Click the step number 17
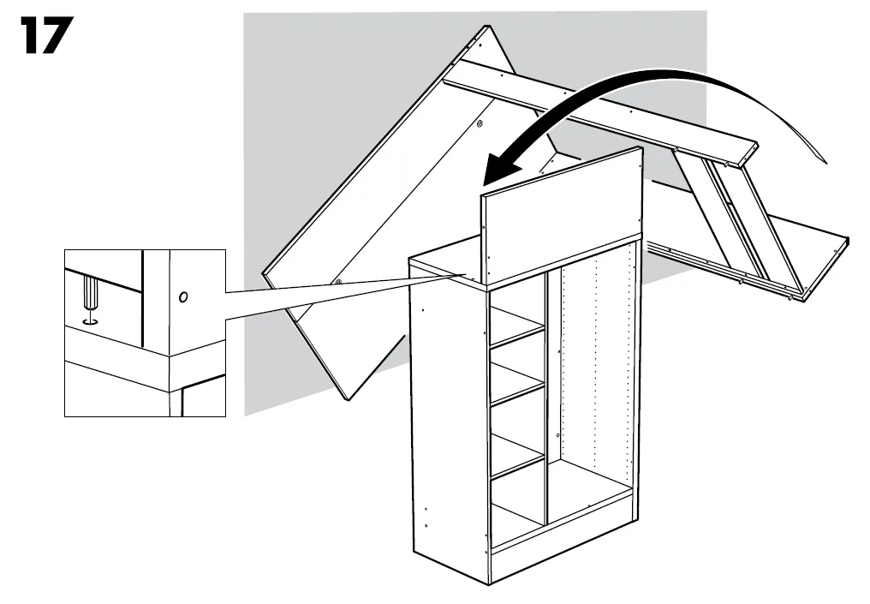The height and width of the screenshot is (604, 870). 46,35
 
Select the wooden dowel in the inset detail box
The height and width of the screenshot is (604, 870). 90,294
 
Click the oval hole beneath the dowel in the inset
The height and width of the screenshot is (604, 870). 89,321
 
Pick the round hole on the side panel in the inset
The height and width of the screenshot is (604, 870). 183,297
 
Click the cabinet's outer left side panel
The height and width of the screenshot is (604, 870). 450,422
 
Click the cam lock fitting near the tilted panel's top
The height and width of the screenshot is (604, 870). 480,123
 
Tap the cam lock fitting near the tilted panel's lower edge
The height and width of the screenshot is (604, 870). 337,282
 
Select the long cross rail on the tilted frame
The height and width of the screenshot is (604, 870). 600,113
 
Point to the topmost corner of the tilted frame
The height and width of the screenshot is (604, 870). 486,26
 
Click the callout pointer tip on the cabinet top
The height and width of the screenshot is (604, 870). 464,273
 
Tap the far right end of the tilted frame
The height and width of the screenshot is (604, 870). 849,239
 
